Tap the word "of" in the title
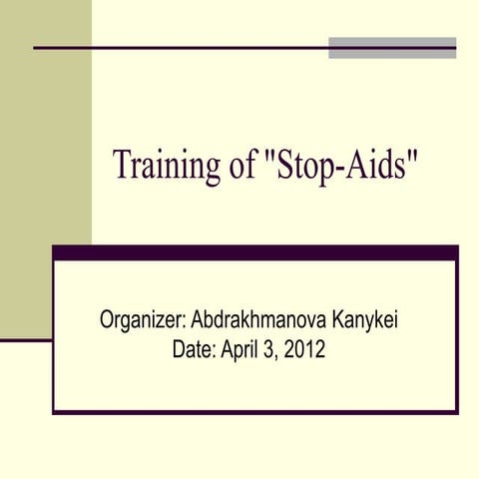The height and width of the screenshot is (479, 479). (242, 166)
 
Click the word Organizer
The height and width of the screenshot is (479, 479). (140, 321)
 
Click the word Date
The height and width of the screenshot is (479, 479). (190, 350)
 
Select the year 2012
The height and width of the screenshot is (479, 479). (304, 350)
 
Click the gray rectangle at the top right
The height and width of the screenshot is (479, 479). (392, 47)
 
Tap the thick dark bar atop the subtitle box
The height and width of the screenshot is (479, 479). (255, 252)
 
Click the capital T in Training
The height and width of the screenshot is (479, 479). (122, 165)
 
